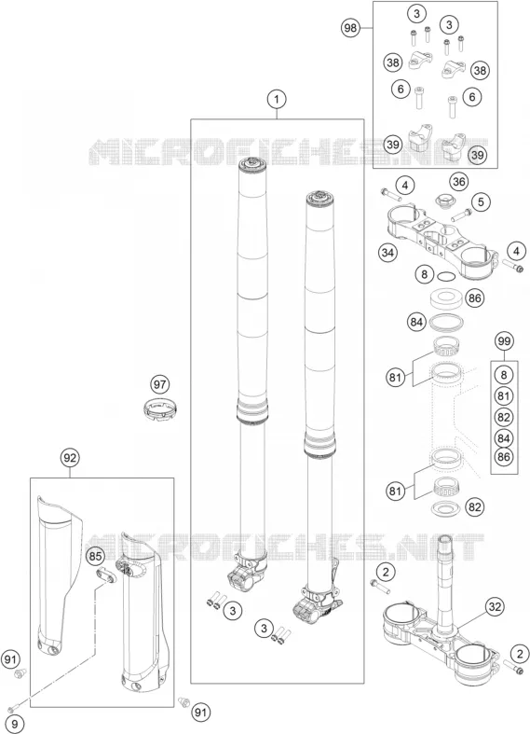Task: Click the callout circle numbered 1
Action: pyautogui.click(x=277, y=99)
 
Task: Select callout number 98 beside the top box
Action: pyautogui.click(x=350, y=28)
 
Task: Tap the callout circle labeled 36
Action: pyautogui.click(x=459, y=182)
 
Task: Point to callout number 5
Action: pyautogui.click(x=481, y=202)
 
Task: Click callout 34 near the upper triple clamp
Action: pyautogui.click(x=387, y=254)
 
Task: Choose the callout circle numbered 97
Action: pyautogui.click(x=160, y=385)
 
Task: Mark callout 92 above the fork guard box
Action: pyautogui.click(x=70, y=458)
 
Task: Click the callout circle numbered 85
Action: pyautogui.click(x=95, y=556)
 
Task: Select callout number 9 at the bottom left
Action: pyautogui.click(x=14, y=724)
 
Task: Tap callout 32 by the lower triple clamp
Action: pyautogui.click(x=495, y=607)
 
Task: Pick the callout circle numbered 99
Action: pyautogui.click(x=504, y=340)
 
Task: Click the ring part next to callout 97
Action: pyautogui.click(x=159, y=409)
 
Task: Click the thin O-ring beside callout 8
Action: pyautogui.click(x=446, y=277)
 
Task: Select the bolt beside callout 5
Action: pyautogui.click(x=461, y=215)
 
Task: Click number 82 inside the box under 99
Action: pyautogui.click(x=503, y=417)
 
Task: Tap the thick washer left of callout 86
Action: pyautogui.click(x=446, y=299)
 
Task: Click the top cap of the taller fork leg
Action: pyautogui.click(x=252, y=164)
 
